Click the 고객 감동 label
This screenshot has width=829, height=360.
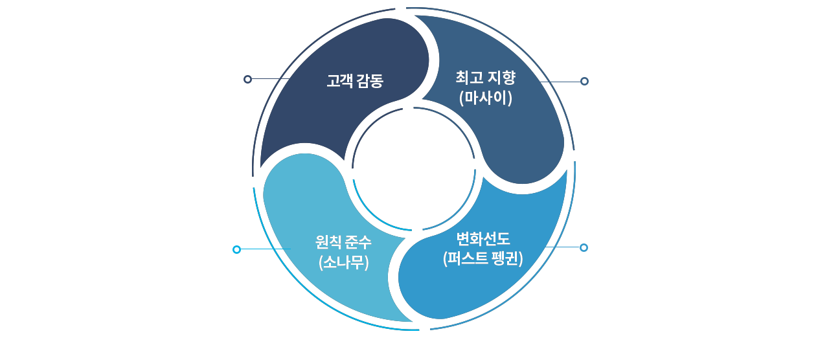355,81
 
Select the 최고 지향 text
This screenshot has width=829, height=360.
485,78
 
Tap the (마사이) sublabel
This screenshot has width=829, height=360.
485,98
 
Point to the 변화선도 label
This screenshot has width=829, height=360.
483,238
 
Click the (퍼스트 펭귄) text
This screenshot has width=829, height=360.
483,258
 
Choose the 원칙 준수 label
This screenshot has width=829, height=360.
343,242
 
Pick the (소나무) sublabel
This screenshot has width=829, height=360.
343,262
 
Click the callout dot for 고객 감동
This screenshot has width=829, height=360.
247,79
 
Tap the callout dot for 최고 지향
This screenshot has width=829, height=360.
584,81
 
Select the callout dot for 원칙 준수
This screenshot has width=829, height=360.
236,249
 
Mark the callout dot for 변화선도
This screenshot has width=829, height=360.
584,247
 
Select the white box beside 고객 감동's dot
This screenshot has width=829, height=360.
171,93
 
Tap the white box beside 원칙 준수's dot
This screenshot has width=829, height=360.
117,271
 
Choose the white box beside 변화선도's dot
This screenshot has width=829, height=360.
706,271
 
